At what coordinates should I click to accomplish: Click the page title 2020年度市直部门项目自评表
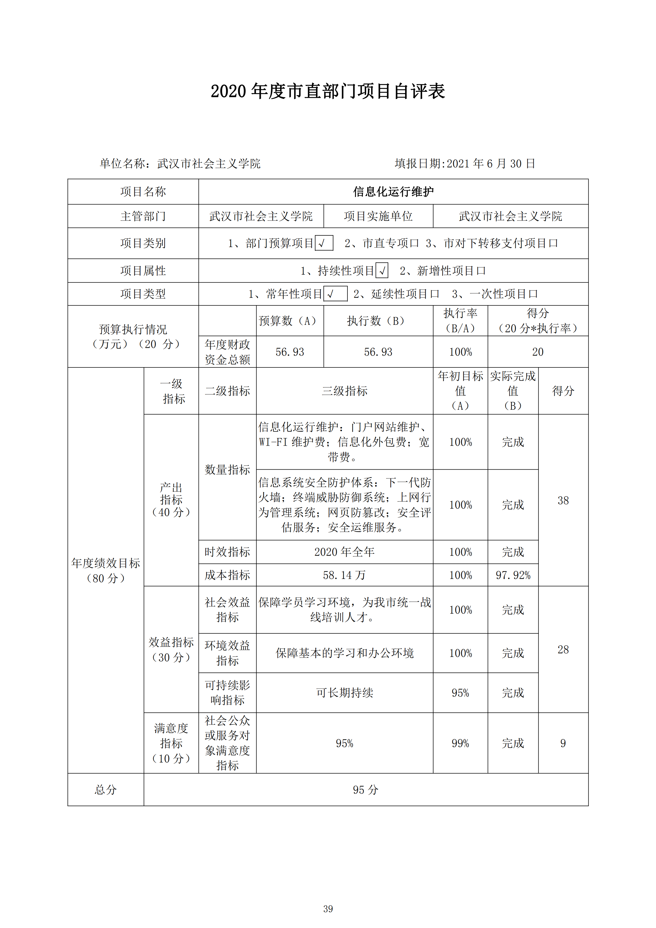328,91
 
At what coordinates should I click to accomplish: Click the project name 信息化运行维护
393,192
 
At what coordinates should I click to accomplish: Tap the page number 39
328,909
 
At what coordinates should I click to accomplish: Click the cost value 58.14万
344,575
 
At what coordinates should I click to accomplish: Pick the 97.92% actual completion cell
513,575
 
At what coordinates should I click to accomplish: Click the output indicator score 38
563,500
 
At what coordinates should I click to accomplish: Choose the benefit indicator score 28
563,650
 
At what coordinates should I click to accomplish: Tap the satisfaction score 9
563,743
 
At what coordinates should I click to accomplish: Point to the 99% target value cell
460,743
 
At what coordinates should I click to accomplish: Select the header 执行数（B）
378,321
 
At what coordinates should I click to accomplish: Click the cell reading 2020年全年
344,552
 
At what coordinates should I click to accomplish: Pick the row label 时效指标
227,552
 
